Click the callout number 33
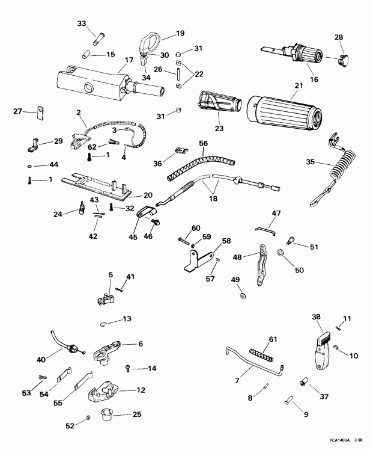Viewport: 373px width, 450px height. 82,24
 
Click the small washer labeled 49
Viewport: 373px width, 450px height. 241,296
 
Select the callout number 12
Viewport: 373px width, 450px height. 141,390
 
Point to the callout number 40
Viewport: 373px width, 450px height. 41,360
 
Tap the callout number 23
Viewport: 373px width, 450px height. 219,128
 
